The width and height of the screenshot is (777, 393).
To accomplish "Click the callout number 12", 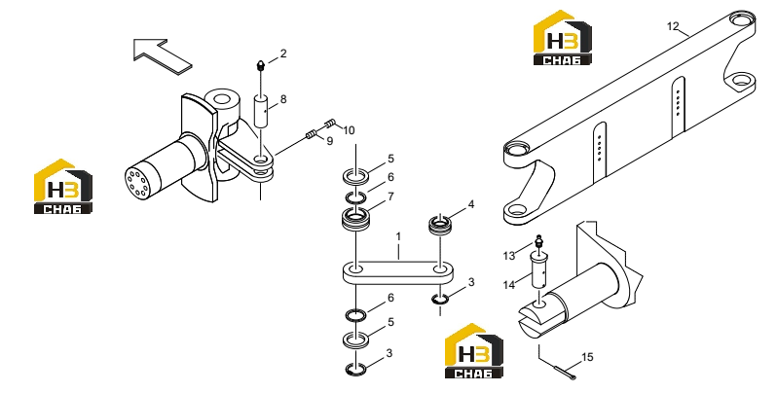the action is [673, 26].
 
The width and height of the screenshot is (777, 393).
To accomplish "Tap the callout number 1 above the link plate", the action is [398, 237].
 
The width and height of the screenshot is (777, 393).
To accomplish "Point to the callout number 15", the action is [587, 357].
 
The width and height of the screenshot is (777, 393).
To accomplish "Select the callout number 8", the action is [283, 99].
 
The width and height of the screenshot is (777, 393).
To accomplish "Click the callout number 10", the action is [349, 130].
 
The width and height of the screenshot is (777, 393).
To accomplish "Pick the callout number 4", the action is [470, 204].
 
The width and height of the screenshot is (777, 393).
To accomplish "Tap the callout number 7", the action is [390, 196].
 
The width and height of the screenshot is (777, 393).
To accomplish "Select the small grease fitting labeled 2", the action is [261, 65].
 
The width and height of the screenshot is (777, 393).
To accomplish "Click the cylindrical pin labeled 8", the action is [262, 111].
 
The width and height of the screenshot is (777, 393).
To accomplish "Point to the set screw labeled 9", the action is [311, 133].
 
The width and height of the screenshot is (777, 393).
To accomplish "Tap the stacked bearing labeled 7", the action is [355, 218].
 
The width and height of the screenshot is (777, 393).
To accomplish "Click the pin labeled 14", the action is [540, 269].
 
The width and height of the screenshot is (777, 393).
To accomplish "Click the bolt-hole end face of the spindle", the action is [135, 183].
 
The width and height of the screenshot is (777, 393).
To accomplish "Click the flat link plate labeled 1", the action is [397, 272].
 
